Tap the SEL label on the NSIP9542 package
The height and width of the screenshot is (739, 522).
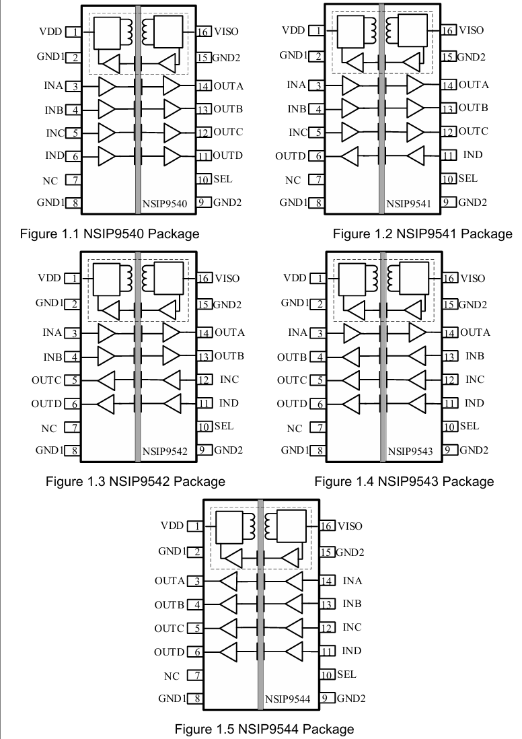224,426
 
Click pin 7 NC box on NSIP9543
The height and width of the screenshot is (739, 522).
315,428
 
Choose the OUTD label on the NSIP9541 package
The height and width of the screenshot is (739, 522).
291,156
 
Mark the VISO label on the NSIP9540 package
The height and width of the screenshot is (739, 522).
226,32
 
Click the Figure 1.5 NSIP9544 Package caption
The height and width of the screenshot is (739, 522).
264,729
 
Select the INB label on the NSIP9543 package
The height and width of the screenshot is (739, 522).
474,356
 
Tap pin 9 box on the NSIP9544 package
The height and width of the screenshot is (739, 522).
328,698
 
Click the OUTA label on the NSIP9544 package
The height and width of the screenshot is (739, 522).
169,581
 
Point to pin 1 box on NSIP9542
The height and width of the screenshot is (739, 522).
71,278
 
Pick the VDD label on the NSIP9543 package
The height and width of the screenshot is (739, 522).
295,278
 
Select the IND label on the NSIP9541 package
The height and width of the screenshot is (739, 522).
473,155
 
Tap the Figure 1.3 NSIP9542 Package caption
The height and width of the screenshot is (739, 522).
135,481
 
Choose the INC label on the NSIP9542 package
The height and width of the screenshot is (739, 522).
229,380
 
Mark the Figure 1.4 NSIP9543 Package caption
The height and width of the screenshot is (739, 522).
404,481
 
